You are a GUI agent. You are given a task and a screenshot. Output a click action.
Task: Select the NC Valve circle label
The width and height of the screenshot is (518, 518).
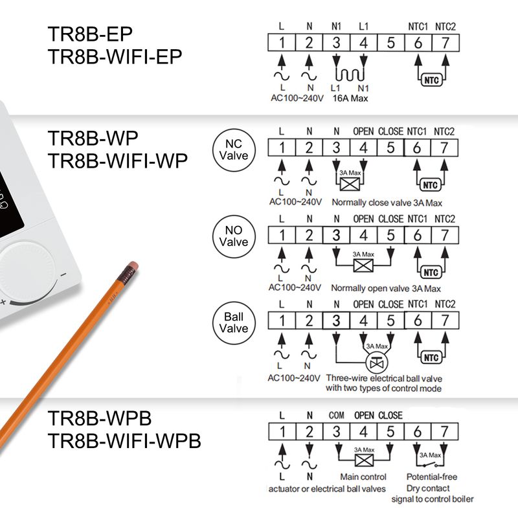[x=234, y=150]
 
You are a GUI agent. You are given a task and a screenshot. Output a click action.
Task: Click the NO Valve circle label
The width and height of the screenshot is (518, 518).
[x=234, y=236]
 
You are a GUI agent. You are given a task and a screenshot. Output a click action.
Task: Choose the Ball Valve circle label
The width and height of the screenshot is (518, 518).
[x=234, y=322]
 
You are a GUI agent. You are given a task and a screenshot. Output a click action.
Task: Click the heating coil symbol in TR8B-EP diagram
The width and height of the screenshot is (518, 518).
[x=350, y=74]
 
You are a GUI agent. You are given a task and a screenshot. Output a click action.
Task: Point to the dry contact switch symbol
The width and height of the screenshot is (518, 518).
[x=430, y=465]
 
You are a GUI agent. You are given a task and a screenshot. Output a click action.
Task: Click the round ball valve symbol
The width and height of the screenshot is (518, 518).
[x=377, y=363]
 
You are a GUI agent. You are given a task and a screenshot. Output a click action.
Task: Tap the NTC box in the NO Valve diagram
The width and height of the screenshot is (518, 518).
[x=431, y=273]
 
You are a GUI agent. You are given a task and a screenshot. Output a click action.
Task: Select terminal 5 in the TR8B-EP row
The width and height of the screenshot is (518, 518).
[x=391, y=43]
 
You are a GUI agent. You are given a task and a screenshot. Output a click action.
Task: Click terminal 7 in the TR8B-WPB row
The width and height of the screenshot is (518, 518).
[x=445, y=431]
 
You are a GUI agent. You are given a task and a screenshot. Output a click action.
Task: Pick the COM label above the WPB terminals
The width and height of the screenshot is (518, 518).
[x=336, y=415]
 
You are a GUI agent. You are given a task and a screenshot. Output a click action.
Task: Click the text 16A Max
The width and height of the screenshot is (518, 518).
[x=350, y=98]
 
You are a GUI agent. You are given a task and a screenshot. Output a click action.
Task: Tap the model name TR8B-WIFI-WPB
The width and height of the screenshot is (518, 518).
[x=124, y=441]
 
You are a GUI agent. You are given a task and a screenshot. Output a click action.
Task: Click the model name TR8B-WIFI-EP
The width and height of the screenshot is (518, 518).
[x=115, y=56]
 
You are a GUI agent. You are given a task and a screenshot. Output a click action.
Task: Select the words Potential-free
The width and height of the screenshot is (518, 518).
[x=432, y=477]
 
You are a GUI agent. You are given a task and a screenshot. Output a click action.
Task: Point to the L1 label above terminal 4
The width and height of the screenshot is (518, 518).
[x=363, y=27]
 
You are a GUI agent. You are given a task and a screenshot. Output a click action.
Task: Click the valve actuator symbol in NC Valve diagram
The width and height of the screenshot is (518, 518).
[x=350, y=185]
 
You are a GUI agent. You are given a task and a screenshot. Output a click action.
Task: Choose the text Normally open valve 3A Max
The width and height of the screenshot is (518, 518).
[x=386, y=288]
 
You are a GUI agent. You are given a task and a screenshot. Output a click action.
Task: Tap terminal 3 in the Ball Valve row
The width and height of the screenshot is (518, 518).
[x=336, y=321]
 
